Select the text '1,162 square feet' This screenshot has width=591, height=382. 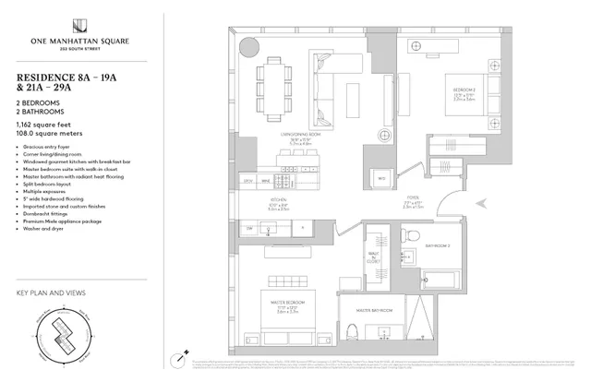tap(43, 123)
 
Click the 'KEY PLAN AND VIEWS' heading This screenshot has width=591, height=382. tap(51, 294)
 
